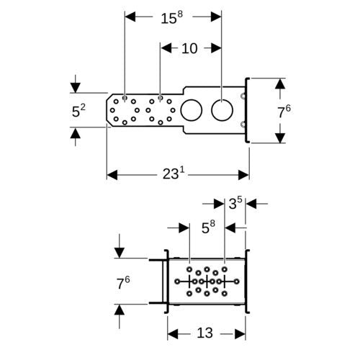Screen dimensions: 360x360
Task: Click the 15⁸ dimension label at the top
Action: coord(171,17)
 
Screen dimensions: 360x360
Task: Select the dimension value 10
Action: coord(189,48)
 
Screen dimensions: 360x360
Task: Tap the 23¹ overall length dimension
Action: coord(174,174)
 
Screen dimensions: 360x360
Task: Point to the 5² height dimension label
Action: coord(78,110)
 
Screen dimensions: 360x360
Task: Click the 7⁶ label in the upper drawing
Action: coord(284,112)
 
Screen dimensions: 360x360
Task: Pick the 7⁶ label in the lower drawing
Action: coord(123,283)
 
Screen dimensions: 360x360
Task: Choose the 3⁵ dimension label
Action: coord(235,203)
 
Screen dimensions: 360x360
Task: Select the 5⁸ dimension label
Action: coord(208,227)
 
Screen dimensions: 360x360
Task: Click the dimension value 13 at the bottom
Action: coord(204,333)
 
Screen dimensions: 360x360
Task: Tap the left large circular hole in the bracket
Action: coord(192,110)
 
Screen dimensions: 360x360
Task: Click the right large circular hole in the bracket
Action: coord(222,110)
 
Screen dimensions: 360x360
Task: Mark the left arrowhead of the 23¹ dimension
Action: coord(112,175)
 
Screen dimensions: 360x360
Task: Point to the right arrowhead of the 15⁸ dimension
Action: coord(216,17)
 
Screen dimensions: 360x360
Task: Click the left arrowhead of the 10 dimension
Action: coord(166,48)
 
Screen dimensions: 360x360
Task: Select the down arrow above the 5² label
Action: coord(76,87)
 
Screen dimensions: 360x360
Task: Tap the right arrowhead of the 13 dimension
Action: coord(240,334)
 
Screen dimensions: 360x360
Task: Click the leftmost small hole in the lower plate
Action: coord(177,282)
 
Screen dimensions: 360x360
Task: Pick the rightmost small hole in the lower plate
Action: coord(237,282)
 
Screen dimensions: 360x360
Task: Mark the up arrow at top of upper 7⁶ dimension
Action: coord(280,84)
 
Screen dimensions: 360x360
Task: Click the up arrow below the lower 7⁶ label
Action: coord(120,310)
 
